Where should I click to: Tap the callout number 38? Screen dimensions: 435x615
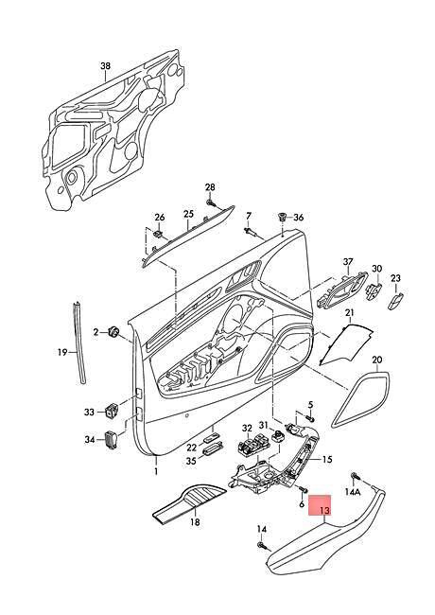point(105,66)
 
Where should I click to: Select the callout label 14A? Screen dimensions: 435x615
point(353,492)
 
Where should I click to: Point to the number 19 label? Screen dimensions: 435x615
point(62,352)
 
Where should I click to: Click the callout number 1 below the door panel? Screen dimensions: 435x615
point(156,471)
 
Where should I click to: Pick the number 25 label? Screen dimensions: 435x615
point(188,214)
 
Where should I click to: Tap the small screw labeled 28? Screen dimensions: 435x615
point(211,202)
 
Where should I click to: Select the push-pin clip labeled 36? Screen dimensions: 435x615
point(282,217)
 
